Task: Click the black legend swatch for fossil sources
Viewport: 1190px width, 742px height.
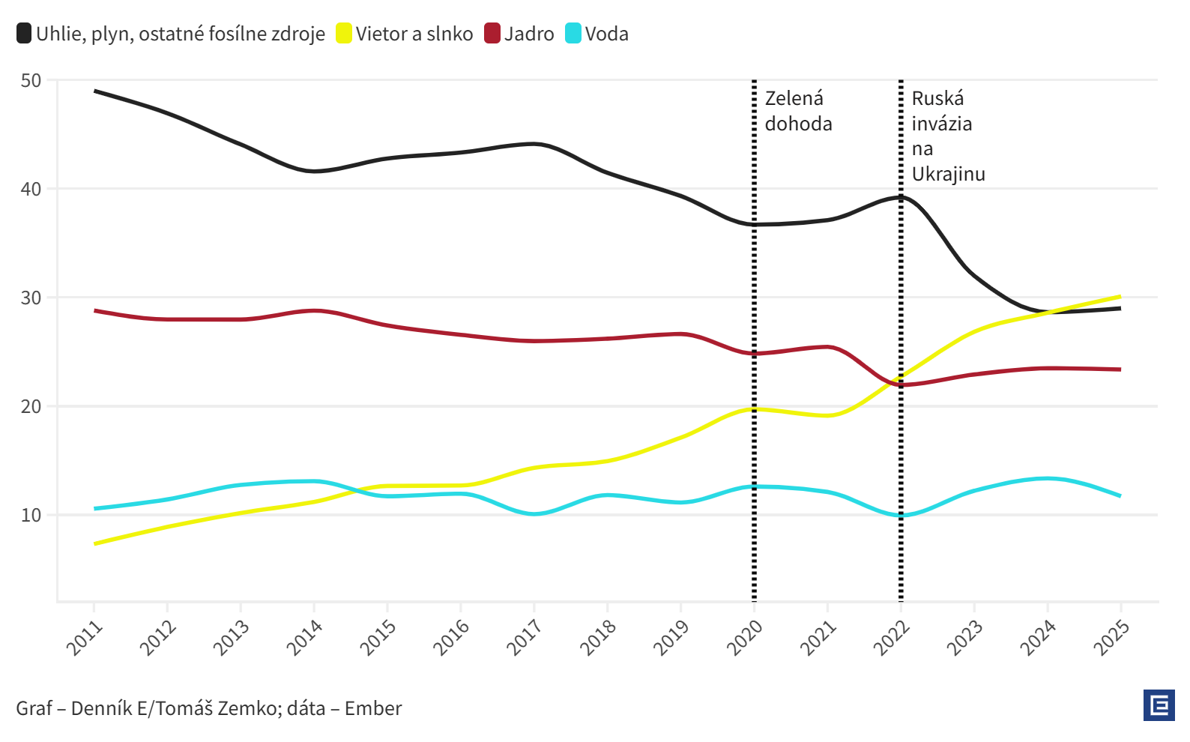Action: point(24,34)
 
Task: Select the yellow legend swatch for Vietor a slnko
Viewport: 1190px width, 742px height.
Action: point(343,34)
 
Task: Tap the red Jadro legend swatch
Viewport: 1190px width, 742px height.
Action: point(492,34)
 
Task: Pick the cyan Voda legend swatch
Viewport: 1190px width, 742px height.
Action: point(573,34)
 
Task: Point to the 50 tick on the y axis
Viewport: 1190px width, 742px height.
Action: point(31,80)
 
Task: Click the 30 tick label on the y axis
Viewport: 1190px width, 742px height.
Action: point(31,298)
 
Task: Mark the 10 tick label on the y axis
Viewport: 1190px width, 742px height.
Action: point(31,515)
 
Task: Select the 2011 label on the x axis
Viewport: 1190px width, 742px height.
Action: point(84,638)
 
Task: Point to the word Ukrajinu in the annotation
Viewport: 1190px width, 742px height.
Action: point(948,174)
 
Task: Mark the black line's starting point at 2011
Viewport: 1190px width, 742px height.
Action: point(95,91)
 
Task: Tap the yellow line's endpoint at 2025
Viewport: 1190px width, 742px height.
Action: point(1120,297)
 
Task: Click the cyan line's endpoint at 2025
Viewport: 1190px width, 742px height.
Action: point(1120,495)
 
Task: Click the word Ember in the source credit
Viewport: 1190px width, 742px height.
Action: point(372,708)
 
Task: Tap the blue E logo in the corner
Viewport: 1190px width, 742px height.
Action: point(1159,705)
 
